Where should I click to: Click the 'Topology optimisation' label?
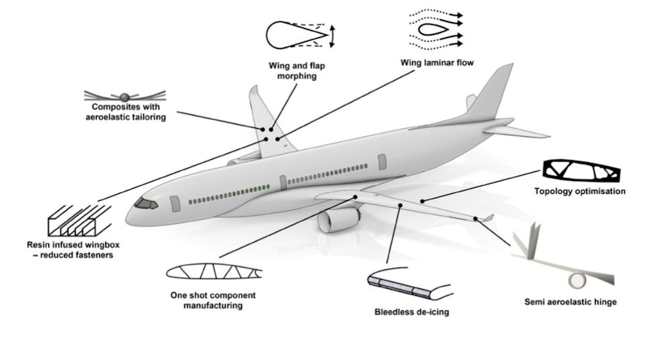pyautogui.click(x=580, y=191)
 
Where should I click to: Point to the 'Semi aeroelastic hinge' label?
pyautogui.click(x=570, y=302)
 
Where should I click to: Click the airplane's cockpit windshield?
pyautogui.click(x=145, y=202)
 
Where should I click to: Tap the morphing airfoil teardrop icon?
pyautogui.click(x=298, y=34)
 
